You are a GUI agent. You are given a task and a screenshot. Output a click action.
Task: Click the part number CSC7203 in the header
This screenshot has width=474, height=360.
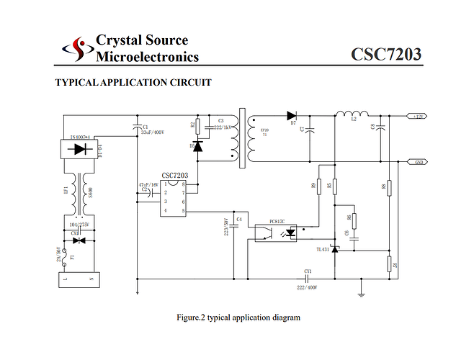(x=385, y=55)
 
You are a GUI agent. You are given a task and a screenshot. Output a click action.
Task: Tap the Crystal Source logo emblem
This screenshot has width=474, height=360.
(x=77, y=49)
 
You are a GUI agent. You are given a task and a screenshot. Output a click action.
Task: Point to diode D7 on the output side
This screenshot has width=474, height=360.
(x=292, y=115)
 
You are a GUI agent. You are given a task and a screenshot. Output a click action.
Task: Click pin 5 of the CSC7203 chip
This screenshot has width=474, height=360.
(x=183, y=211)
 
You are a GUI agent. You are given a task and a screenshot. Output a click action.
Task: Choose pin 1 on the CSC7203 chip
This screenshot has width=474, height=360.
(x=165, y=184)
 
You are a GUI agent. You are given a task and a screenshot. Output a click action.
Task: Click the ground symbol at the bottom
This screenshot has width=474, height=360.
(x=360, y=293)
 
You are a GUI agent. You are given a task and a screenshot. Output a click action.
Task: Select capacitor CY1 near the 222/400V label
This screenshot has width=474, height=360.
(x=306, y=279)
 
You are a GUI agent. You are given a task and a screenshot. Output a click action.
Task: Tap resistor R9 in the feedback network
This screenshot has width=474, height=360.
(x=318, y=186)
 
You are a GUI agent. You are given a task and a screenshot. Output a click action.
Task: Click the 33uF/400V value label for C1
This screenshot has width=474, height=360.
(x=152, y=132)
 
